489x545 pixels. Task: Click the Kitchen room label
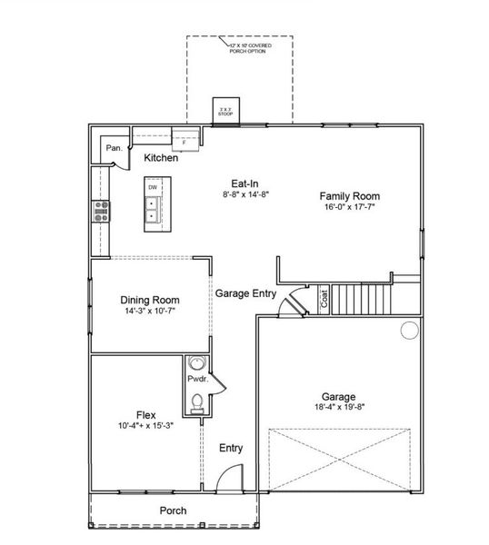pos(161,158)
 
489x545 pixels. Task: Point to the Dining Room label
pos(150,300)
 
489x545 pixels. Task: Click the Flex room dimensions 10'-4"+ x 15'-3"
pos(145,425)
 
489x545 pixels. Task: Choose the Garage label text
pos(337,396)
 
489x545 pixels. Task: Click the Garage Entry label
pos(245,293)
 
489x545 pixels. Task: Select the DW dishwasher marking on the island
pos(153,188)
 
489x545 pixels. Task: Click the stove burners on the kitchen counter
pos(99,211)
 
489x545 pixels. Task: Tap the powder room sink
pos(198,364)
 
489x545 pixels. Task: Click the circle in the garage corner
pos(408,330)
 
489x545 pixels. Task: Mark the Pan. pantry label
pos(114,147)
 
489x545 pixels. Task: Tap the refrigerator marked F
pos(185,142)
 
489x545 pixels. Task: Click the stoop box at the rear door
pos(225,109)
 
